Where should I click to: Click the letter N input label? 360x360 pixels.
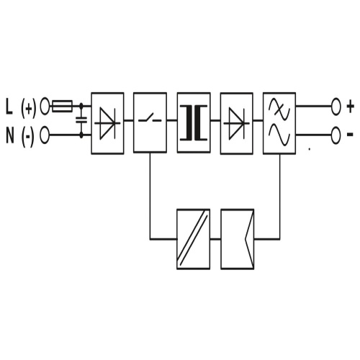pos(10,135)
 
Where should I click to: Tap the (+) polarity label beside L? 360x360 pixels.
pos(29,108)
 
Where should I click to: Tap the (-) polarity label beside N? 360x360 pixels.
pos(28,137)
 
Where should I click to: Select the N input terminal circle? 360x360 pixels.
pos(45,135)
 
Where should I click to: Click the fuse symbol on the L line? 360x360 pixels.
pos(62,106)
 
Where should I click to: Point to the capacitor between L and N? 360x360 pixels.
pos(81,120)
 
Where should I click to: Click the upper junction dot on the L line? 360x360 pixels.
pos(81,105)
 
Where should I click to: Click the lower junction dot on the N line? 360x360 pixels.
pos(81,135)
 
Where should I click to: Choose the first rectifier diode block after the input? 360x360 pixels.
pos(107,123)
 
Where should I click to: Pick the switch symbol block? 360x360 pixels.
pos(150,122)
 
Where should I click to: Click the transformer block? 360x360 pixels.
pos(194,122)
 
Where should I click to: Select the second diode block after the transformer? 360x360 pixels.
pos(237,123)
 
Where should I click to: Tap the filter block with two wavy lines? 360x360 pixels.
pos(279,123)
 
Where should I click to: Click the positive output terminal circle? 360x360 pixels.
pos(336,106)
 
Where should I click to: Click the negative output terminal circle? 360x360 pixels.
pos(336,135)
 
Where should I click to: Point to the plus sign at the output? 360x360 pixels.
pos(351,107)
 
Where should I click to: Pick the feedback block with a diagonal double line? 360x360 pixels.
pos(194,239)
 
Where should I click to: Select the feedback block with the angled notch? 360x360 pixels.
pos(238,239)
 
